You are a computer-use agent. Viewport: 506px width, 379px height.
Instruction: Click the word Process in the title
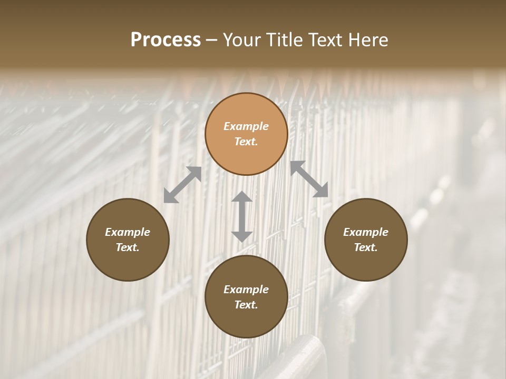click(166, 40)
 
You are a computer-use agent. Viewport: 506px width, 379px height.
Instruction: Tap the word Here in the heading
click(367, 40)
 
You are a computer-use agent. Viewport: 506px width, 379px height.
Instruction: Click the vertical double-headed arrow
click(242, 216)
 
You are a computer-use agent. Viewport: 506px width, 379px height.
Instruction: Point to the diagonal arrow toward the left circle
click(182, 185)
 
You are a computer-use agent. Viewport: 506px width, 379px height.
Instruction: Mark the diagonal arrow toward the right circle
click(309, 179)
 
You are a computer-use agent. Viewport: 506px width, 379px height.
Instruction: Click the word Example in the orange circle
click(246, 126)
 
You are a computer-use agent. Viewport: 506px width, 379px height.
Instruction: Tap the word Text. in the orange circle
click(246, 142)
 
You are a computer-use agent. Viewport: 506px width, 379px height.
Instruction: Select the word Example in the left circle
click(128, 232)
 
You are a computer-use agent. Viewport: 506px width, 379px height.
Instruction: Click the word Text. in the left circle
click(128, 247)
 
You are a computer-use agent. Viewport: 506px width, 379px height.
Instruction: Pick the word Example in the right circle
click(366, 232)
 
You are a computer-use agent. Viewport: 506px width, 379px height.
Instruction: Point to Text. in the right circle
click(366, 247)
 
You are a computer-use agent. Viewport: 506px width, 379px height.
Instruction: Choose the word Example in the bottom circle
click(246, 290)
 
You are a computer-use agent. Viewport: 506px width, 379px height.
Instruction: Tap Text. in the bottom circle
click(246, 305)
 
